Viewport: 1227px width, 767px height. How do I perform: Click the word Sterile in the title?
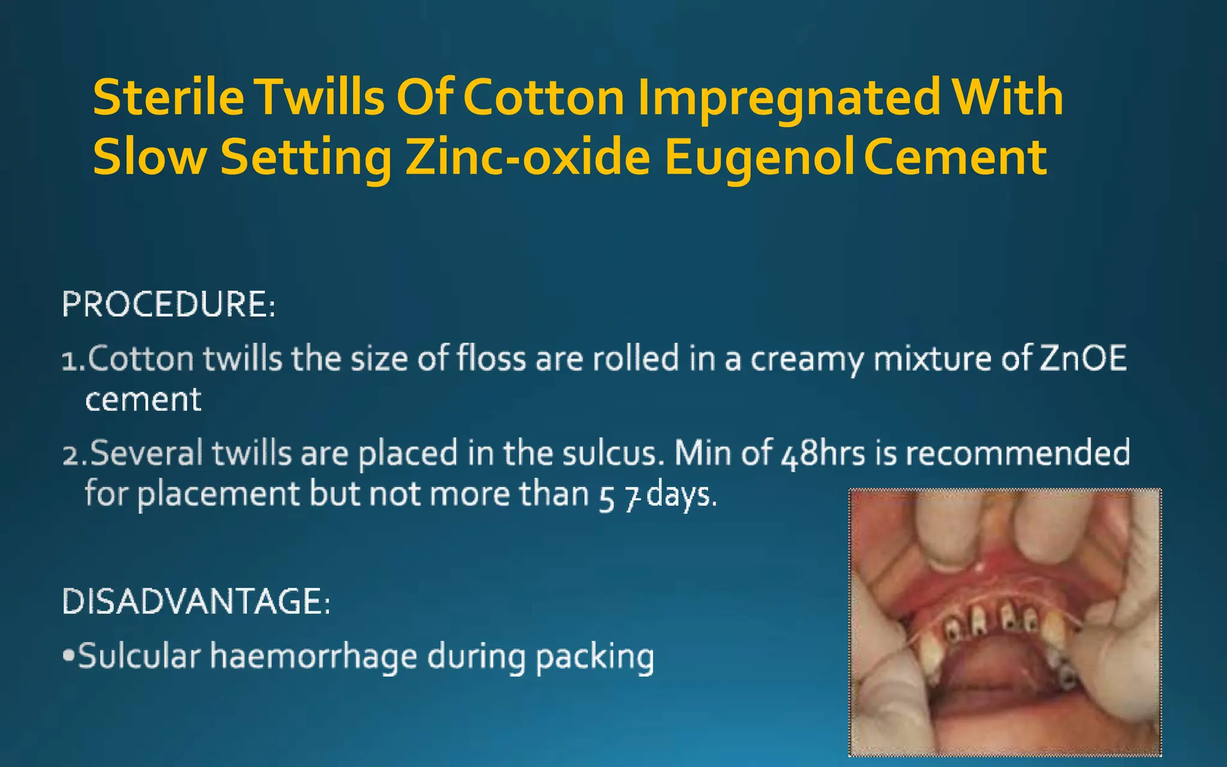tap(168, 97)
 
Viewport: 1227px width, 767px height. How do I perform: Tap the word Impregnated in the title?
tap(788, 98)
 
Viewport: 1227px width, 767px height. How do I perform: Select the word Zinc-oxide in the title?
tap(528, 157)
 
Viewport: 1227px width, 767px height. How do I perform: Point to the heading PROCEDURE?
tap(168, 304)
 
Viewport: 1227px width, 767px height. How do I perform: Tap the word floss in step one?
tap(492, 358)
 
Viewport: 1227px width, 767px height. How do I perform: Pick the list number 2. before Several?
tap(75, 454)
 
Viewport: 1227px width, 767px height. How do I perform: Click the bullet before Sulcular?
tap(68, 656)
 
